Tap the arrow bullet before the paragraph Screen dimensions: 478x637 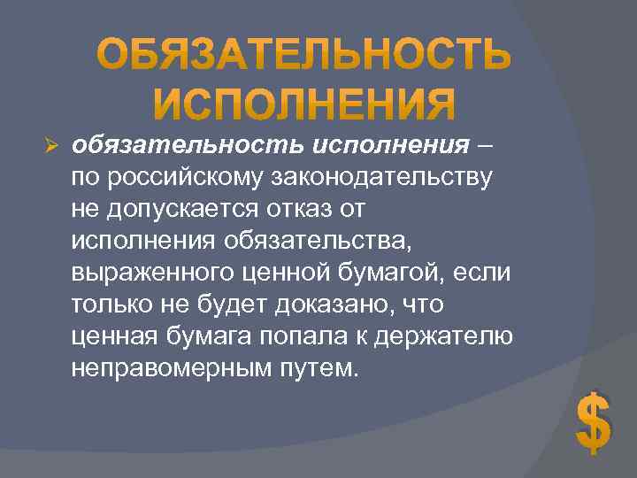[50, 145]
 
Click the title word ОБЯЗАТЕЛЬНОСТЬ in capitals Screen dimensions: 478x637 [303, 56]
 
